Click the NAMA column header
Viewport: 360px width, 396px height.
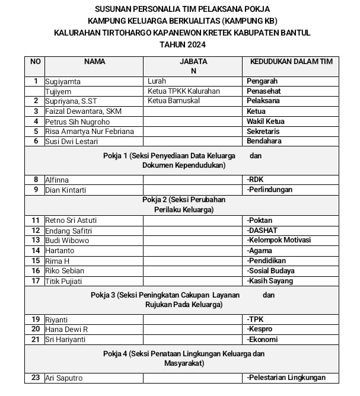click(94, 61)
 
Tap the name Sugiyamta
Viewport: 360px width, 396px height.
click(63, 81)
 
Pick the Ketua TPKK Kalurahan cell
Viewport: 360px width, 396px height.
click(183, 91)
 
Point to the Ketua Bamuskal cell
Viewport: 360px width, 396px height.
click(173, 101)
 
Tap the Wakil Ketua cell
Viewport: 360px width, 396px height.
click(266, 122)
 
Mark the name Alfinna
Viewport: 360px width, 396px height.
click(57, 180)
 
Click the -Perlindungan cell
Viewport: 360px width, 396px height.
click(270, 190)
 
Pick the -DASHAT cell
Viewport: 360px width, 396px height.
click(262, 230)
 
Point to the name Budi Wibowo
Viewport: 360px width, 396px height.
click(67, 240)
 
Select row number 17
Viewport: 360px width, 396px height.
click(36, 280)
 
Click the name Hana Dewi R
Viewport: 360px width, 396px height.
click(66, 329)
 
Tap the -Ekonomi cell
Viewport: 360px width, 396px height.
click(262, 339)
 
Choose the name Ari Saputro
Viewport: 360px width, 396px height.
click(64, 378)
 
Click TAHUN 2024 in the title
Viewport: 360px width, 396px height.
click(181, 44)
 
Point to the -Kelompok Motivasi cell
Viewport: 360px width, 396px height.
click(279, 240)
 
